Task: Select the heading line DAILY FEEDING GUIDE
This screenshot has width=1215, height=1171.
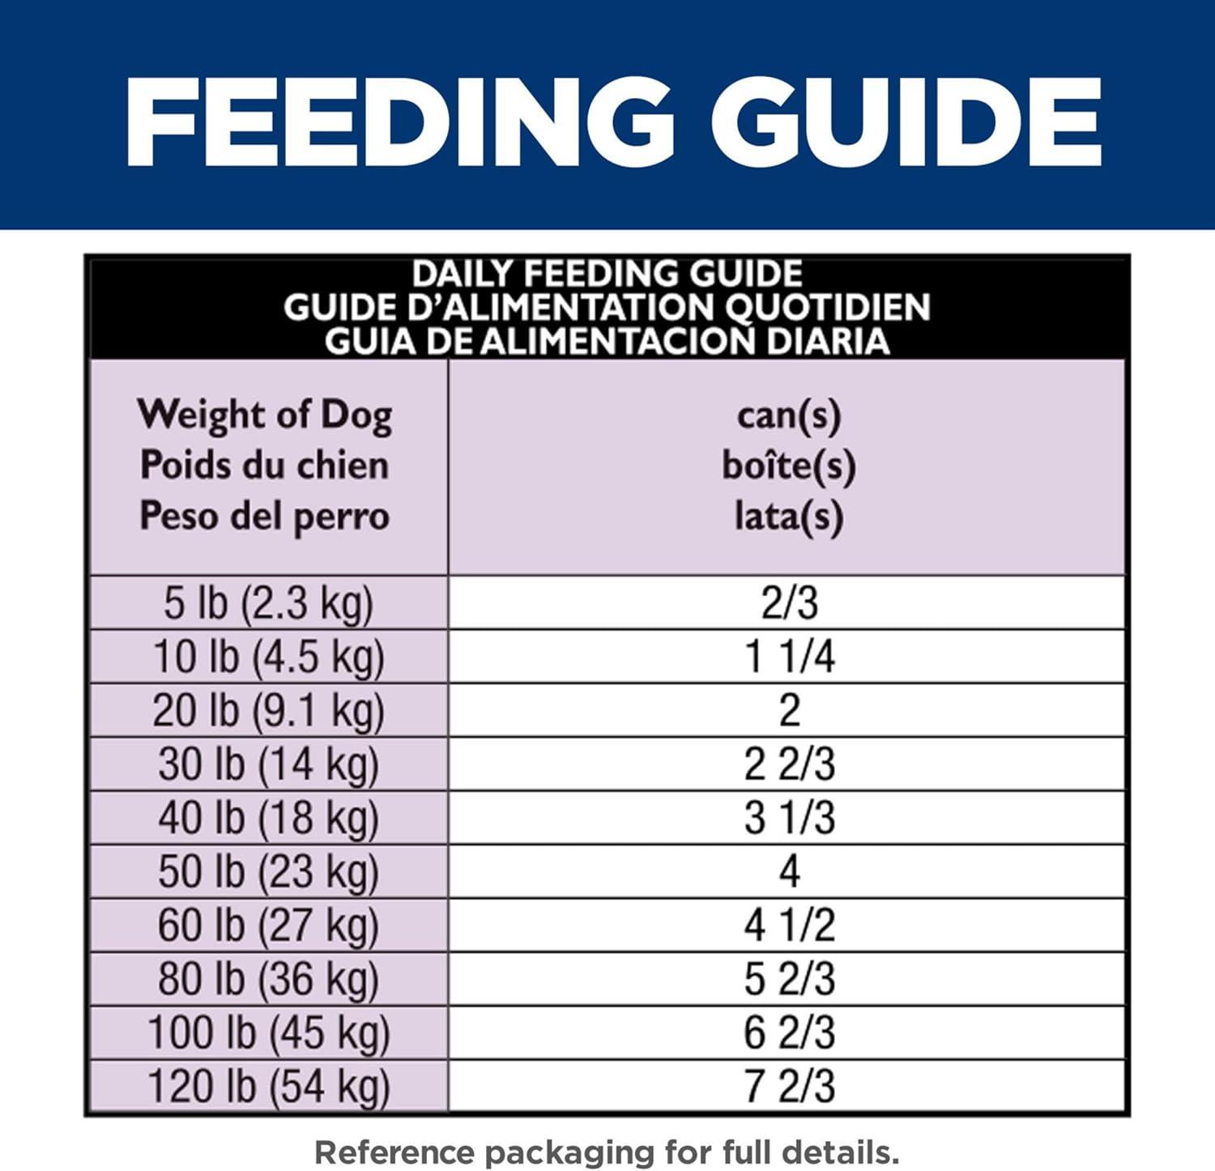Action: (x=607, y=274)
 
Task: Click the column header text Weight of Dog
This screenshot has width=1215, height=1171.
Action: (x=265, y=415)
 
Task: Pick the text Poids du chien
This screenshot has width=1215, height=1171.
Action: (x=265, y=466)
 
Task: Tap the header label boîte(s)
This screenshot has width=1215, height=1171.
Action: (x=788, y=466)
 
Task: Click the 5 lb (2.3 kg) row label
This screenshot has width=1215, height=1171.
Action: (x=268, y=603)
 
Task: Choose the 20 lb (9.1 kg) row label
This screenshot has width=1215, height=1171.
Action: (x=268, y=711)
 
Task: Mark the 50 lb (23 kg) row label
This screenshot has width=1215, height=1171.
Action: (x=268, y=872)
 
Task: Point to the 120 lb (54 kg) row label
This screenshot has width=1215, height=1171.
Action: (x=268, y=1087)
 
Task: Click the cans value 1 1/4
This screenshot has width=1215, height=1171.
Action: (x=789, y=657)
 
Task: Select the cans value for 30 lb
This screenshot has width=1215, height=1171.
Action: (x=789, y=764)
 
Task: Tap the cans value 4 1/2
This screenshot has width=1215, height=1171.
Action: (x=789, y=926)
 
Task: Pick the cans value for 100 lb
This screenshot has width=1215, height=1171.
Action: (x=789, y=1033)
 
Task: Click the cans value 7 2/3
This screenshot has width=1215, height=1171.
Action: (x=789, y=1087)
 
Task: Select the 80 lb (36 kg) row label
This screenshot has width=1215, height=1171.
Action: (x=268, y=979)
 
